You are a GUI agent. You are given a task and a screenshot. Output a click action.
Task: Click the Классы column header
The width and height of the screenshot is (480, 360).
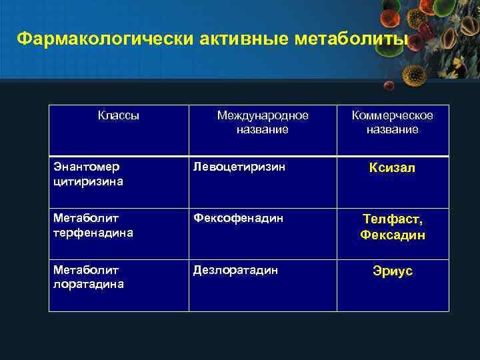119,115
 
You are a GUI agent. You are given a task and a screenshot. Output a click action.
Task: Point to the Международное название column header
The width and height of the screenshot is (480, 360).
263,123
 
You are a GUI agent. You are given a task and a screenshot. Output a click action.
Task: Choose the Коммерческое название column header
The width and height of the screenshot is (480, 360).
392,123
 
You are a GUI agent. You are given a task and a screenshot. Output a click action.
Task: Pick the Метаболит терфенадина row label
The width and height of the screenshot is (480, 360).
93,225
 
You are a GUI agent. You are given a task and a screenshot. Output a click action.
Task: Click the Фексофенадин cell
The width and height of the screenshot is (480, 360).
238,219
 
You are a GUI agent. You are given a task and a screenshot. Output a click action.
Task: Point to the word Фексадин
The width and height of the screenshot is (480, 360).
393,235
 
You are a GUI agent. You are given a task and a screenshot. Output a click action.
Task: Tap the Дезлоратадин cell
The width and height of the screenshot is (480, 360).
235,271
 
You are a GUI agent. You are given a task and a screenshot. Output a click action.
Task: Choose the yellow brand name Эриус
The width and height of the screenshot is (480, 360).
393,271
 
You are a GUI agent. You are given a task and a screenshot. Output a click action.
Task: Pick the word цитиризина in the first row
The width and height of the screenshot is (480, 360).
87,181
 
